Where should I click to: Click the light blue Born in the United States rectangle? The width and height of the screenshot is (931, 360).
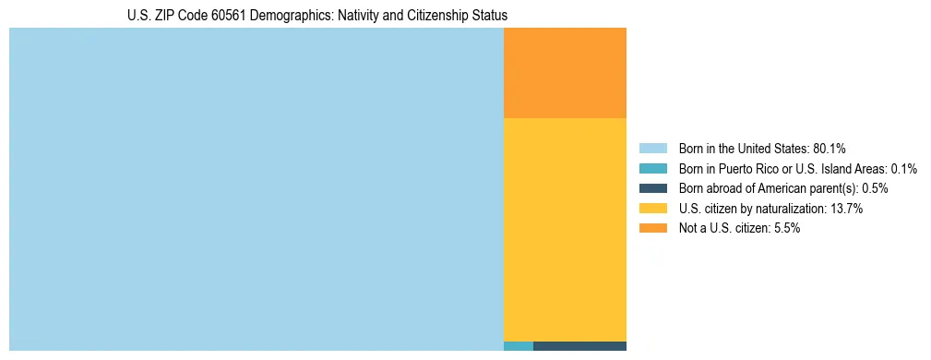(256, 189)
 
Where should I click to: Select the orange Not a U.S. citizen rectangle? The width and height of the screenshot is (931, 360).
(565, 73)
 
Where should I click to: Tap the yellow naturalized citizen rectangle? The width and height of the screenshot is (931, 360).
(565, 229)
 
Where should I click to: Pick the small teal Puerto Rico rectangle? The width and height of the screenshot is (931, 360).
(519, 346)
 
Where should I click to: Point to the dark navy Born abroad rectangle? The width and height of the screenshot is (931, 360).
(579, 346)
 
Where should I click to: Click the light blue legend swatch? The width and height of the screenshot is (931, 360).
(652, 149)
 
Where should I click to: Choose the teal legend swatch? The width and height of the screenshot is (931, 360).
(652, 169)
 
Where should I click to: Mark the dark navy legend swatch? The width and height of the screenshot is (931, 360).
(652, 188)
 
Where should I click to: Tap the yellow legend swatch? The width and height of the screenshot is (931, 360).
(652, 209)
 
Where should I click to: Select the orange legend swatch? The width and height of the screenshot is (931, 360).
(652, 228)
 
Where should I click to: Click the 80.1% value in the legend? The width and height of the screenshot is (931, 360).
(830, 149)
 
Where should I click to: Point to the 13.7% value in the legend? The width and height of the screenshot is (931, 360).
(846, 209)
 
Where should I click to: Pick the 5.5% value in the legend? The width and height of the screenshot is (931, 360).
(785, 228)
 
